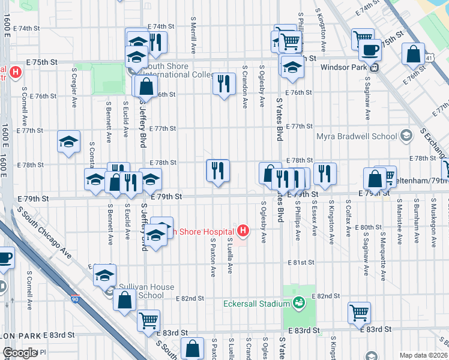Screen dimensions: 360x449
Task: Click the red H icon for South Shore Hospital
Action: tap(243, 230)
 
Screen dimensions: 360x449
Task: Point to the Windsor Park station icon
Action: tap(374, 68)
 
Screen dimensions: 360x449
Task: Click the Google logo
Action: tap(20, 353)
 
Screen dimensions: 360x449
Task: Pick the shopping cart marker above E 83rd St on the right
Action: tap(359, 312)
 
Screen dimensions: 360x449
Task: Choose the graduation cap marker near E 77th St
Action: tap(69, 142)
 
